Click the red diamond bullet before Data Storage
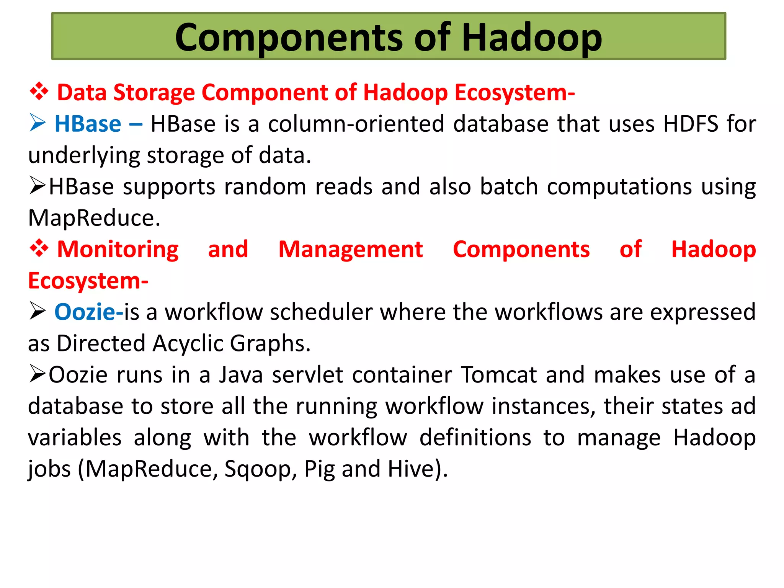coord(39,92)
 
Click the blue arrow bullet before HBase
coord(38,123)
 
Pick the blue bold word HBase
coord(88,124)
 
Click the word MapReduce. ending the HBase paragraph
coord(94,218)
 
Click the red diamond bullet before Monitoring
coord(39,249)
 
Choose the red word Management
coord(350,250)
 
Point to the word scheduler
coord(321,312)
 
